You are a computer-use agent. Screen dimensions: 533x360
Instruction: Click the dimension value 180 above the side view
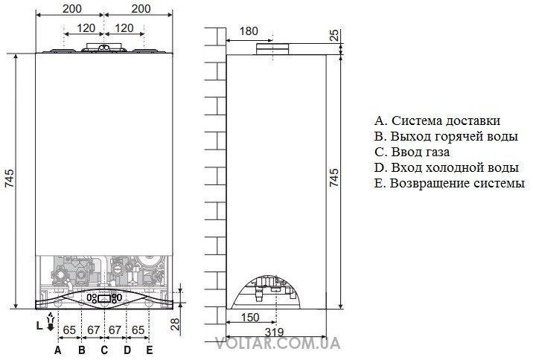pos(249,31)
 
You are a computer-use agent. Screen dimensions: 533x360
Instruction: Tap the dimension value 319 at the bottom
pos(274,332)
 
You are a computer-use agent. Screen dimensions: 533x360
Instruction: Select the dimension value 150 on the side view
pos(250,318)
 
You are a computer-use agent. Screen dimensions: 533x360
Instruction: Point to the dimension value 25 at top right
pos(334,35)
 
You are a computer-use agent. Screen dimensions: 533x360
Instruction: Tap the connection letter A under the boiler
pos(57,350)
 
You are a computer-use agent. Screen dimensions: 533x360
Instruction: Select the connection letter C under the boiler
pos(104,350)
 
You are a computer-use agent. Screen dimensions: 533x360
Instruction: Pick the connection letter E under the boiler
pos(149,350)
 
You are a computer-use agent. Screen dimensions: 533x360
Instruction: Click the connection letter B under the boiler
pos(82,350)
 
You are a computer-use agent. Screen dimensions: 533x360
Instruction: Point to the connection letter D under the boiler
pos(127,350)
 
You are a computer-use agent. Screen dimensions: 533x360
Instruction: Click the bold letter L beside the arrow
pos(39,326)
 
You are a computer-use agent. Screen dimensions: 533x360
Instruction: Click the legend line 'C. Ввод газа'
pos(412,152)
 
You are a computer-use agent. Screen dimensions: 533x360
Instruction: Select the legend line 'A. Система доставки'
pos(438,120)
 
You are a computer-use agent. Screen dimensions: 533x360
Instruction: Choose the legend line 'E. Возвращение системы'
pos(450,184)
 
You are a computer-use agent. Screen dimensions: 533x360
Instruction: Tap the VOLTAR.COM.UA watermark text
pos(278,343)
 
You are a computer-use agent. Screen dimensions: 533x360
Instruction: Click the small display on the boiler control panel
pos(104,299)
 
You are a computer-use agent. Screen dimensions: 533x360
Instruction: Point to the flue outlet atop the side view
pos(273,49)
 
